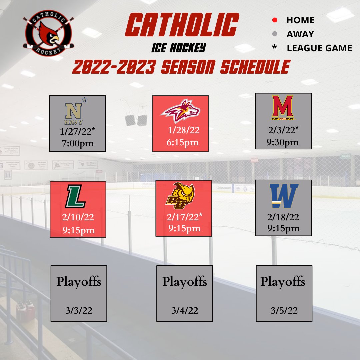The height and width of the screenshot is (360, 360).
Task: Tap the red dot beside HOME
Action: point(275,20)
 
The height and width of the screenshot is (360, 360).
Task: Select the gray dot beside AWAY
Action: point(275,34)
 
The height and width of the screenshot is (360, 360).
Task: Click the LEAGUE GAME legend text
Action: point(319,48)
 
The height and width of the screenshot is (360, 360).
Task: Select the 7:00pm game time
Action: point(78,144)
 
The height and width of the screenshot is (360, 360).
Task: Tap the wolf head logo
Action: point(180,111)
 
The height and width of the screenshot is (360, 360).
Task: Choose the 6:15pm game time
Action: point(183,142)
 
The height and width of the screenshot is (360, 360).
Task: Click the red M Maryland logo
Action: point(283,107)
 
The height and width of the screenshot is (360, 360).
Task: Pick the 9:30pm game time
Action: point(283,142)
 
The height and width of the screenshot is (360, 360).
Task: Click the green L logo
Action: point(76,197)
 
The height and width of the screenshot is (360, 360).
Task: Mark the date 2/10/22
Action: point(78,218)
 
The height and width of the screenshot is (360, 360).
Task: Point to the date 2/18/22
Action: point(283,217)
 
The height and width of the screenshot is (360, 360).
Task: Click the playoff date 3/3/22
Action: point(79,311)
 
